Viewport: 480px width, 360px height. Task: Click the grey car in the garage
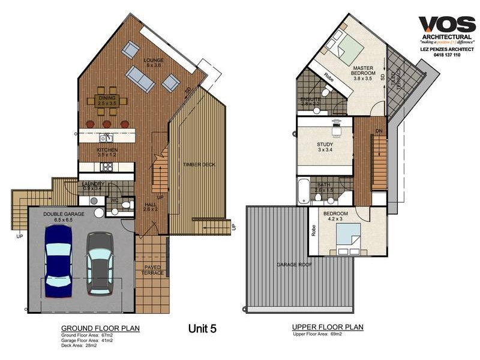tap(100, 263)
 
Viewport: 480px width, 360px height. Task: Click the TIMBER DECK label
tap(199, 164)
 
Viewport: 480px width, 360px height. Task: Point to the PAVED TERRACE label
tap(152, 269)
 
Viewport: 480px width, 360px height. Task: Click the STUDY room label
tap(324, 146)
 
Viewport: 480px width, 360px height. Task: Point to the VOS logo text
tap(447, 24)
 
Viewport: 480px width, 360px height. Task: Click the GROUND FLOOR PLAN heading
tap(100, 328)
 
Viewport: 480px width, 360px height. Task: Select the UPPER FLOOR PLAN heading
tap(327, 327)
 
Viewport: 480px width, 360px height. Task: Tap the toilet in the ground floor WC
tap(125, 205)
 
